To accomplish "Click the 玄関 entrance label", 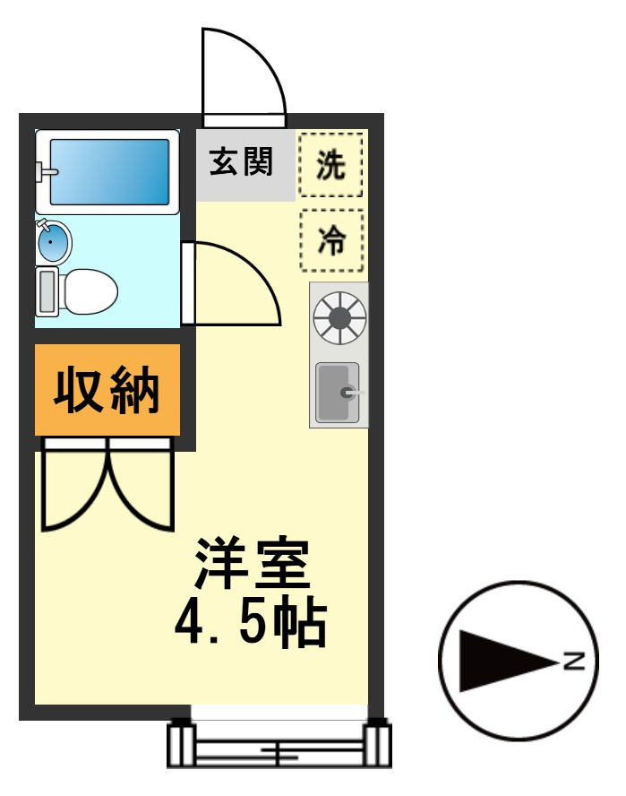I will (x=241, y=163).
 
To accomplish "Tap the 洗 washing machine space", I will (x=331, y=164).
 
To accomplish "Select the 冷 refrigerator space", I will (x=331, y=240).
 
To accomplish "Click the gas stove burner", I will (x=339, y=317).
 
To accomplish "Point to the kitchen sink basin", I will (x=338, y=393).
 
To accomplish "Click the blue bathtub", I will (x=108, y=170).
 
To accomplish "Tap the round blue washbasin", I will (x=54, y=242).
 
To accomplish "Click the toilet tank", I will (x=47, y=290).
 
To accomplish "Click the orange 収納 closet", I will (x=107, y=390).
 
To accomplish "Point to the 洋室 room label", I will (x=253, y=562).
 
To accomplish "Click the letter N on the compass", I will (x=573, y=662).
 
